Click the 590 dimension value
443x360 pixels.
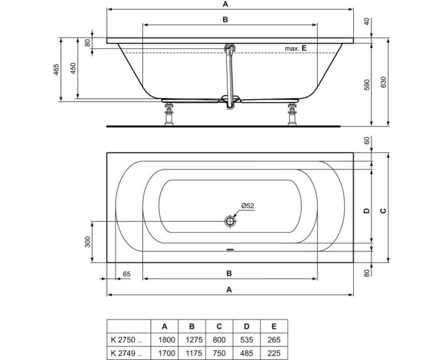365,85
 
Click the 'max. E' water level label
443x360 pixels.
296,48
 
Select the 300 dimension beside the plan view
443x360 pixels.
87,241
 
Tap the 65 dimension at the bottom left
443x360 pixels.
126,274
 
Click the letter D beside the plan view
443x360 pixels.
365,210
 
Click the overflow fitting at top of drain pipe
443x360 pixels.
229,49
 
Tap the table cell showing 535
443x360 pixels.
247,339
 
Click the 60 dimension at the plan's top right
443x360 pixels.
365,140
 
